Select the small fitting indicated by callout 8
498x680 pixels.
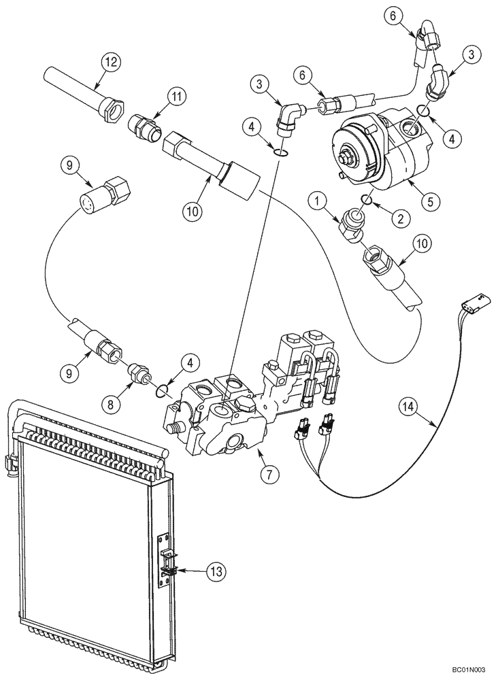tap(138, 373)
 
